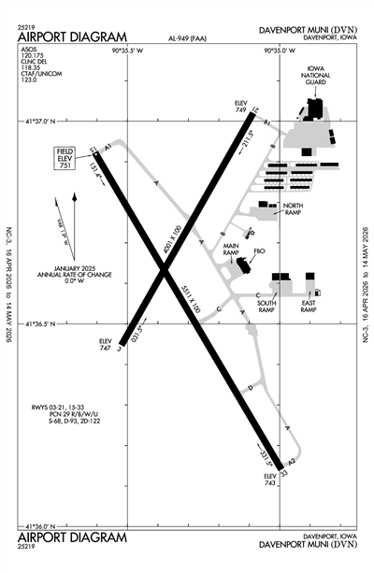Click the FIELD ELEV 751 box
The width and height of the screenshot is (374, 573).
click(x=65, y=155)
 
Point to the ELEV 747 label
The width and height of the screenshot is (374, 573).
click(x=105, y=345)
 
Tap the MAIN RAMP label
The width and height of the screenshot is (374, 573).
click(x=232, y=251)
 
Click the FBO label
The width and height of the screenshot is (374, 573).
click(x=260, y=251)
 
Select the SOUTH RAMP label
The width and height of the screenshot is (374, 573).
click(x=266, y=306)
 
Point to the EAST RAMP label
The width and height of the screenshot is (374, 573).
click(x=309, y=306)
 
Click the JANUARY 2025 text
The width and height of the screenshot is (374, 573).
click(x=76, y=268)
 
